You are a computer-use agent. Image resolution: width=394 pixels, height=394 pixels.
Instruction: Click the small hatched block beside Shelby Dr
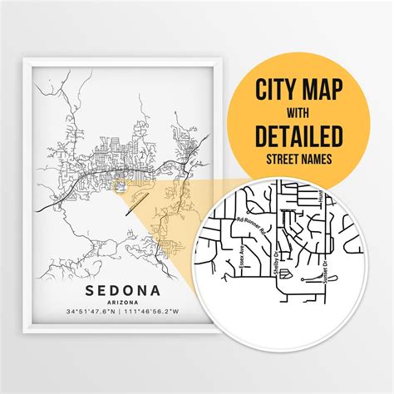[284, 272]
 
